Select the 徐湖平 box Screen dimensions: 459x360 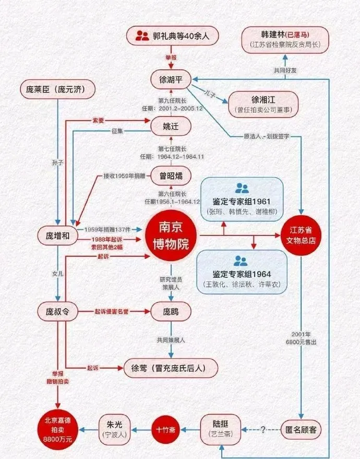(171, 79)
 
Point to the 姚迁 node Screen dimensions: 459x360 (171, 126)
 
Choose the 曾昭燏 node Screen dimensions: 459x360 (171, 175)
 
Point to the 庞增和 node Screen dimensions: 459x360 (57, 236)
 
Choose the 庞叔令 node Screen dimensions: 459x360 (57, 312)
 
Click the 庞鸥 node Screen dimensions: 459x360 (171, 312)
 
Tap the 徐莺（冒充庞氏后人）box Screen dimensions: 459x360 (171, 368)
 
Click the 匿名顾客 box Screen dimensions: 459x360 (301, 429)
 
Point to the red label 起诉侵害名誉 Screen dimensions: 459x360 (111, 312)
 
